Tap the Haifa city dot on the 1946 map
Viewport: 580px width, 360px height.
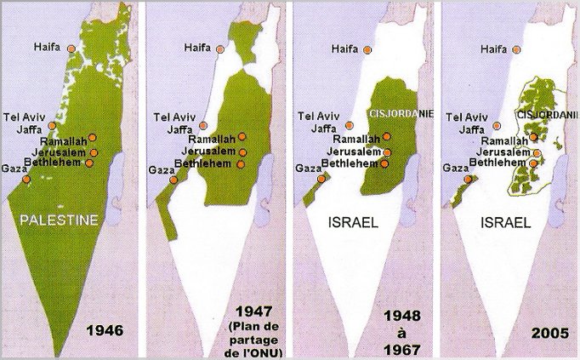point(74,49)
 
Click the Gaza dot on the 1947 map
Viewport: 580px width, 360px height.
point(173,180)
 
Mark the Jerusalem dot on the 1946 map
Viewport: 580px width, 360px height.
point(94,153)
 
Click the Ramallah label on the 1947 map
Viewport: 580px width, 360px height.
point(212,139)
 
